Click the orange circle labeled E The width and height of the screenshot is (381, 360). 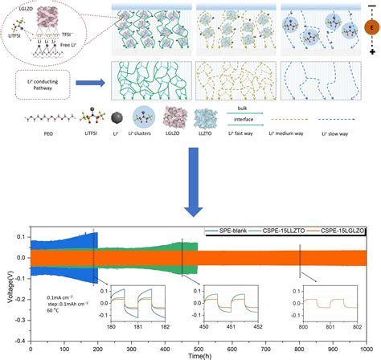click(x=365, y=28)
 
